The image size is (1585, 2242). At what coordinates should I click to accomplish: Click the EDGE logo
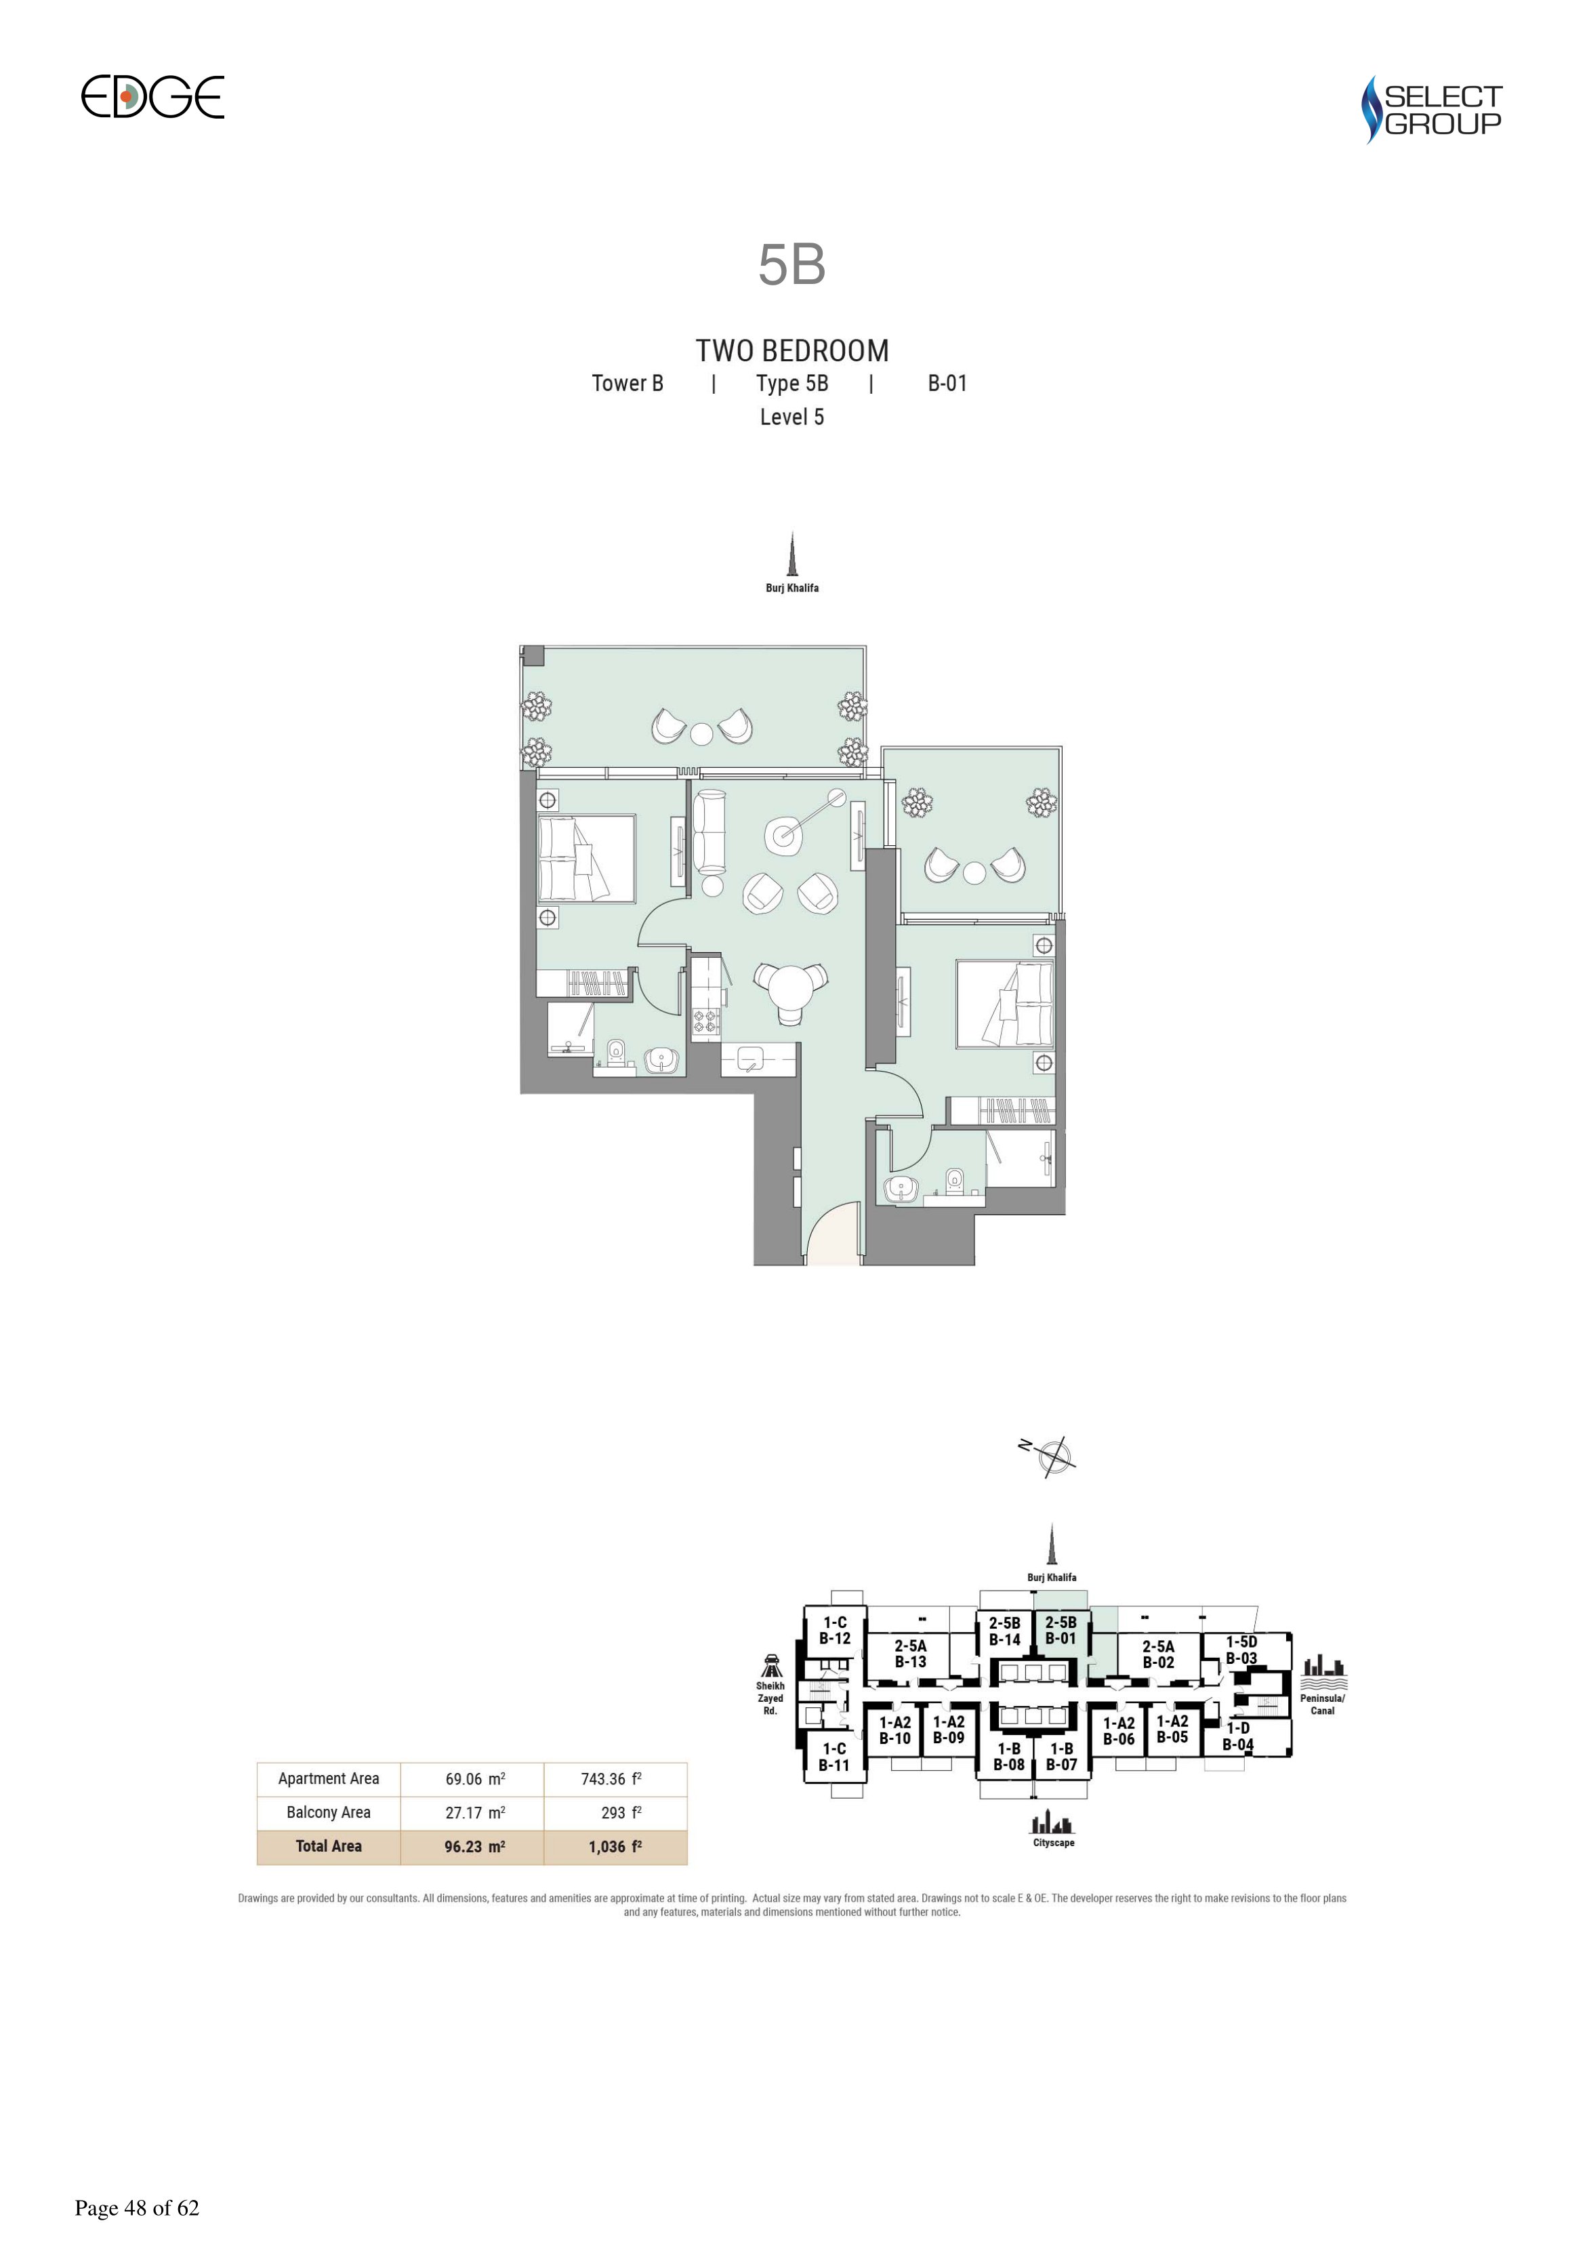[152, 97]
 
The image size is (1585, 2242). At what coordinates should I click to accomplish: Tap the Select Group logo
[1432, 109]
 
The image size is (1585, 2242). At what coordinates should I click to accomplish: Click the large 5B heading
[792, 264]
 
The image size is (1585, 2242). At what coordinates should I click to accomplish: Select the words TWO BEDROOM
[792, 350]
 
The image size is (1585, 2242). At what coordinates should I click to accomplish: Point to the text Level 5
[792, 417]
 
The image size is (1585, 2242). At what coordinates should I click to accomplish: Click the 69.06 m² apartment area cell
[474, 1779]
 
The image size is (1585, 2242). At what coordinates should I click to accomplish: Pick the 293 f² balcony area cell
[621, 1812]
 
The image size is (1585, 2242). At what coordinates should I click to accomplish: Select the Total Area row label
[329, 1846]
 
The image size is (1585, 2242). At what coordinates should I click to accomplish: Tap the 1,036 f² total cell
[615, 1846]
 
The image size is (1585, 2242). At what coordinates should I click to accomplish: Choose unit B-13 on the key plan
[910, 1653]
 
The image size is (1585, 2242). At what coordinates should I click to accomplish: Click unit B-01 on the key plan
[1061, 1631]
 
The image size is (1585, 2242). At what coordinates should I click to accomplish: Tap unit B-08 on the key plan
[1009, 1757]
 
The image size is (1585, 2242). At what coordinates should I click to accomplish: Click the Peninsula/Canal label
[1322, 1704]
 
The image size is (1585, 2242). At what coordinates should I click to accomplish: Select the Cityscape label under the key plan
[1054, 1843]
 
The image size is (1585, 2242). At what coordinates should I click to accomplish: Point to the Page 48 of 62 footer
[137, 2208]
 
